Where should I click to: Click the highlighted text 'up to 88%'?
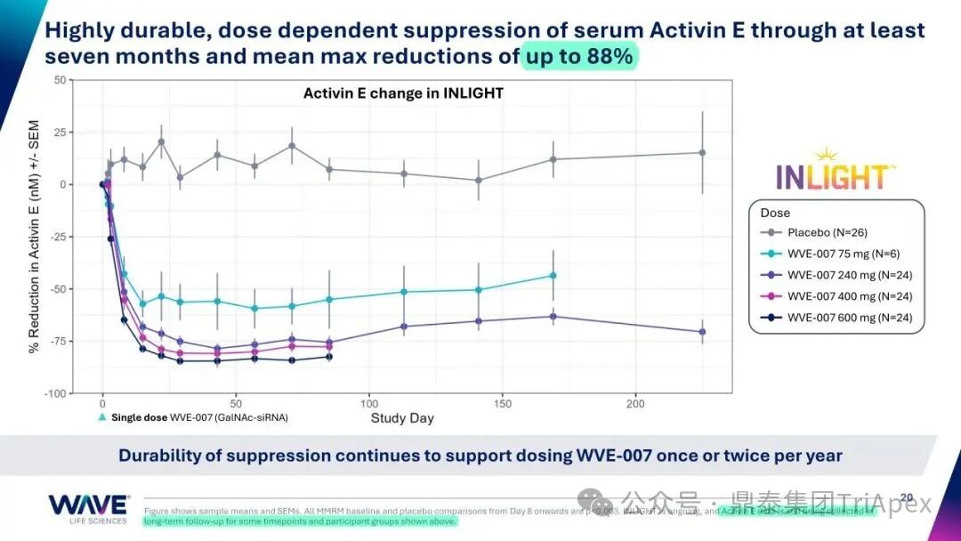(x=578, y=56)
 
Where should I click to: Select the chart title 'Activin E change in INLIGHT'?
(x=403, y=93)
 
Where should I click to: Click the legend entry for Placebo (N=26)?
(x=826, y=232)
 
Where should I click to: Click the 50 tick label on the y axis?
(x=60, y=80)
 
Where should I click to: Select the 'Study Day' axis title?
(x=402, y=417)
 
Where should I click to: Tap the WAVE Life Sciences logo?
(x=89, y=508)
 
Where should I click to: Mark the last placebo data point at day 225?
(x=702, y=153)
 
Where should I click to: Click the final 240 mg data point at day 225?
(x=702, y=332)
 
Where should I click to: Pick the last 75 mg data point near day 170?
(x=553, y=276)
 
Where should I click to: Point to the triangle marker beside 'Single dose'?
(x=102, y=417)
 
